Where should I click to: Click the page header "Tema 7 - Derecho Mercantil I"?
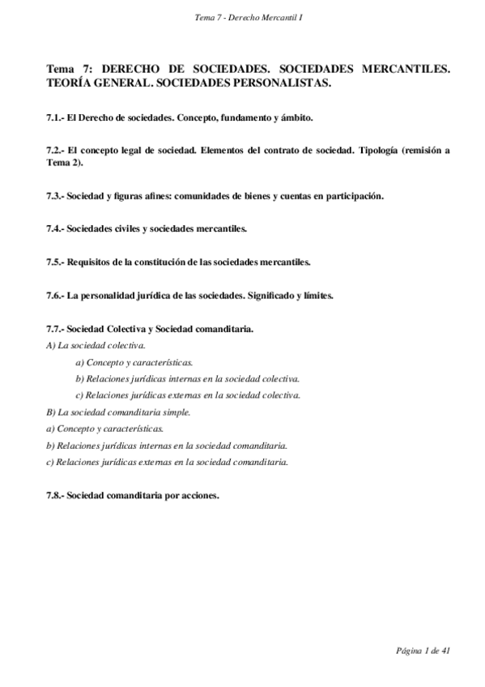pyautogui.click(x=243, y=17)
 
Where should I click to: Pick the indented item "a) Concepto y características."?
pyautogui.click(x=134, y=362)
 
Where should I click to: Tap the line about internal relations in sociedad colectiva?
pyautogui.click(x=188, y=379)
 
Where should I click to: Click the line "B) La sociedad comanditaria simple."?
pyautogui.click(x=119, y=412)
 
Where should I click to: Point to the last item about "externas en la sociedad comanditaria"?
pyautogui.click(x=168, y=462)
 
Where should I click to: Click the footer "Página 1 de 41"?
pyautogui.click(x=423, y=651)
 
